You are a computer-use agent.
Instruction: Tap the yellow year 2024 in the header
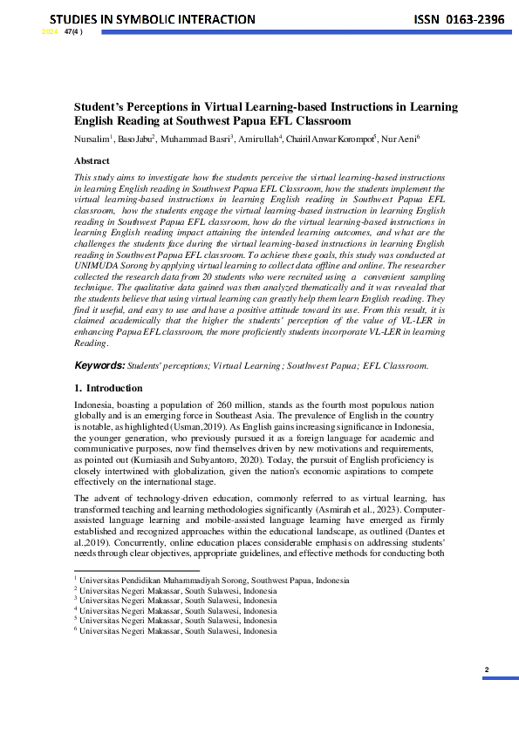coord(50,32)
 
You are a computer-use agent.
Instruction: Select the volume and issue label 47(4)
coord(73,32)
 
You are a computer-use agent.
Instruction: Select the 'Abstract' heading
coord(92,160)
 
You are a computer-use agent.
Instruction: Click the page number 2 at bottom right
coord(487,669)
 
